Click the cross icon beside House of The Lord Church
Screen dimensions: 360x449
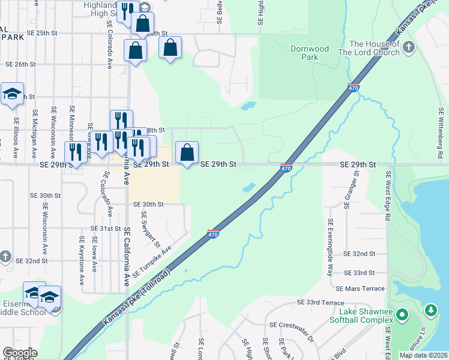point(408,47)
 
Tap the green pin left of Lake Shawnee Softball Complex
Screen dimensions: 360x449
point(402,314)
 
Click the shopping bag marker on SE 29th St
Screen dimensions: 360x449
point(187,153)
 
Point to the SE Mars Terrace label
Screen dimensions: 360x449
point(360,289)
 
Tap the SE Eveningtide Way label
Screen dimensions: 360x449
point(330,247)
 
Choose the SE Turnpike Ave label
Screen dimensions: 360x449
point(152,262)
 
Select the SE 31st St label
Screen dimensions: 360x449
point(106,229)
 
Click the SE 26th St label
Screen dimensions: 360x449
point(21,64)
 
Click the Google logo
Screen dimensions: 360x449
point(20,352)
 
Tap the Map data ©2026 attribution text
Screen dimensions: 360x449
point(423,355)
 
